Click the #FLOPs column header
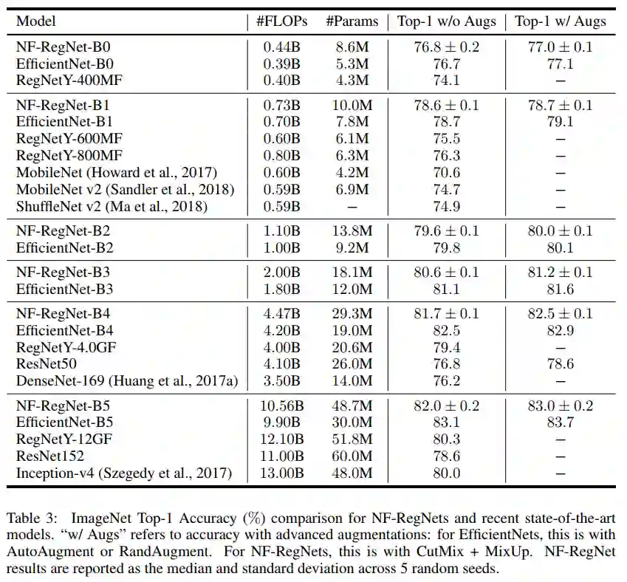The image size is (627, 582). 281,21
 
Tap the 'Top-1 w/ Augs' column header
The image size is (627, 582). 561,21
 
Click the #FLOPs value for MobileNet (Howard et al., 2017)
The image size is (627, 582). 281,173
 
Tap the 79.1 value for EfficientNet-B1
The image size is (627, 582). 561,121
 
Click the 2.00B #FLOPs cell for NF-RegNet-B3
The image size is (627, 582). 281,272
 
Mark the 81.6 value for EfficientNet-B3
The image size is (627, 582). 561,289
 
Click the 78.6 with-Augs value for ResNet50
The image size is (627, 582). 561,363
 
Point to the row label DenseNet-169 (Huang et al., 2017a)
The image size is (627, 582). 122,381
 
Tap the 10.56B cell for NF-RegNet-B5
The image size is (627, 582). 281,405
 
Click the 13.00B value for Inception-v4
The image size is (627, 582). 281,473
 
